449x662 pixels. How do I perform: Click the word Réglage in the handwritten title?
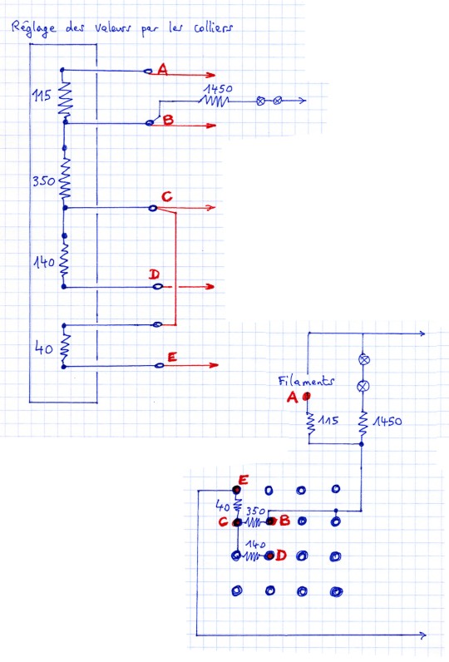(x=33, y=28)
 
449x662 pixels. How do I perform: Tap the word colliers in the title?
(x=213, y=28)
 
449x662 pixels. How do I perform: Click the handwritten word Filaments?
(x=306, y=380)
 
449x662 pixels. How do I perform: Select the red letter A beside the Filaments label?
(x=292, y=397)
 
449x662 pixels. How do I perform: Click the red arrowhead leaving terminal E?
(x=213, y=365)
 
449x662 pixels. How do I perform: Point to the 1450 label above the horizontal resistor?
(x=218, y=89)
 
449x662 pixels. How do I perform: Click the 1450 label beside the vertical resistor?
(x=387, y=421)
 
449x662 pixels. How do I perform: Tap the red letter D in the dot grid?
(x=281, y=556)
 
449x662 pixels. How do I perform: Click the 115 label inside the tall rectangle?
(x=42, y=96)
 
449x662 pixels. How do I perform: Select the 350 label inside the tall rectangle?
(x=44, y=181)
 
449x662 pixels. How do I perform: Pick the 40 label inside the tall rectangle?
(x=44, y=348)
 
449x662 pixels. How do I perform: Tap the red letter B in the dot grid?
(x=285, y=520)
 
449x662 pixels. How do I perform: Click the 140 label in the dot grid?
(x=255, y=544)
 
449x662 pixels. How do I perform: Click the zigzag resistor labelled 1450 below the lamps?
(x=362, y=424)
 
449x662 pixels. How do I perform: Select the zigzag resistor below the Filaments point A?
(x=311, y=424)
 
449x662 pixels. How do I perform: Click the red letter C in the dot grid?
(x=224, y=521)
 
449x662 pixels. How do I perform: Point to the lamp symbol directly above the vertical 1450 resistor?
(x=363, y=386)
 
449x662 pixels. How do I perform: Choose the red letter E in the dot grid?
(x=244, y=480)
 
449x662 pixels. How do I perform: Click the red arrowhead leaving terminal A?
(x=210, y=75)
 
